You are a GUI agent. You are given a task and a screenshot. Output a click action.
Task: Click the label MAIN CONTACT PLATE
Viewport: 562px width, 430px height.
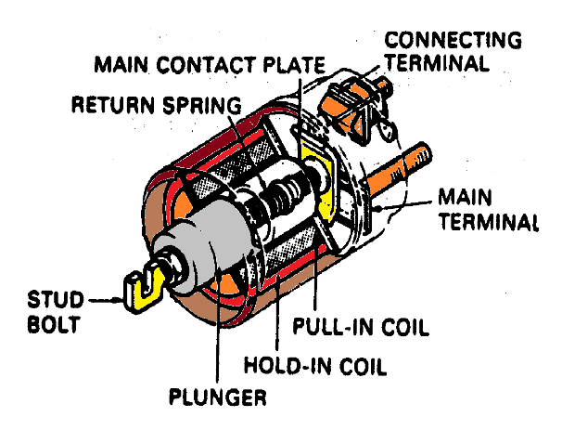click(x=209, y=67)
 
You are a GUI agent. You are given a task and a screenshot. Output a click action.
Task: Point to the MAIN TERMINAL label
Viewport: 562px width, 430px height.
click(x=487, y=210)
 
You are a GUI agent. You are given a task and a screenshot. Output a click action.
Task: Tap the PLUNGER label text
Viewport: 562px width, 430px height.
click(x=220, y=399)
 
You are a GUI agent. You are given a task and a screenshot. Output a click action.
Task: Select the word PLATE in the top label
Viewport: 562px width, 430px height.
click(x=291, y=67)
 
